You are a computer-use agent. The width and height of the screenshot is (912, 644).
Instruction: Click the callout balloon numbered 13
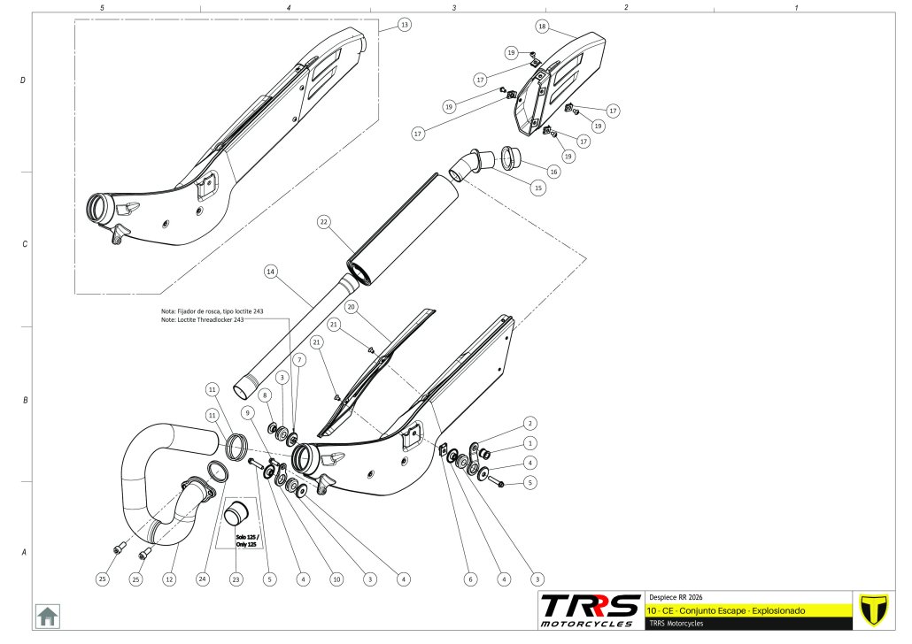point(405,25)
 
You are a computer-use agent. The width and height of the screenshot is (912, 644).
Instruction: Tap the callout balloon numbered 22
point(324,223)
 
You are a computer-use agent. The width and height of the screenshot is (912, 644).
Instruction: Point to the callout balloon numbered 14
point(270,272)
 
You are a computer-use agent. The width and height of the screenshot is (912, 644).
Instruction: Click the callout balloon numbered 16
point(553,172)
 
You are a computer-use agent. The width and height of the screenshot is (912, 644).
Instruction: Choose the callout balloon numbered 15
point(537,188)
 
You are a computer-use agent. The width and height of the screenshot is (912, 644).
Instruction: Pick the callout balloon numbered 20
point(351,307)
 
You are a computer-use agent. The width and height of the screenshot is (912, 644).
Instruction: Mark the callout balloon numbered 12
point(169,579)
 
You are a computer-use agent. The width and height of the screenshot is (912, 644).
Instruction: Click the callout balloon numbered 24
point(203,579)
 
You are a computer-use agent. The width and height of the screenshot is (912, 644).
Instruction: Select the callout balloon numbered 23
point(236,579)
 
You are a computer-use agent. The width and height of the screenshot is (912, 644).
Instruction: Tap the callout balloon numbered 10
point(336,579)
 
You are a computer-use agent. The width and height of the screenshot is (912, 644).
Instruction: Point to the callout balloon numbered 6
point(470,579)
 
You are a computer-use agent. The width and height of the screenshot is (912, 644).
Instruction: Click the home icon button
point(47,615)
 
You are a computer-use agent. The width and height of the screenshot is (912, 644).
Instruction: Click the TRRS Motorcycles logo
point(590,609)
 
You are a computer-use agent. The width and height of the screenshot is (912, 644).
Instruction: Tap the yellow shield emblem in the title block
point(874,610)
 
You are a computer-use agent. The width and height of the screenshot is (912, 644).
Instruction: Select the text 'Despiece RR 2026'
point(676,597)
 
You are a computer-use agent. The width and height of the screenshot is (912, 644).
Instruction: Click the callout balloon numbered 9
point(248,412)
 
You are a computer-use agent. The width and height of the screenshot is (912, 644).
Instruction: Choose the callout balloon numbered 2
point(529,423)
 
